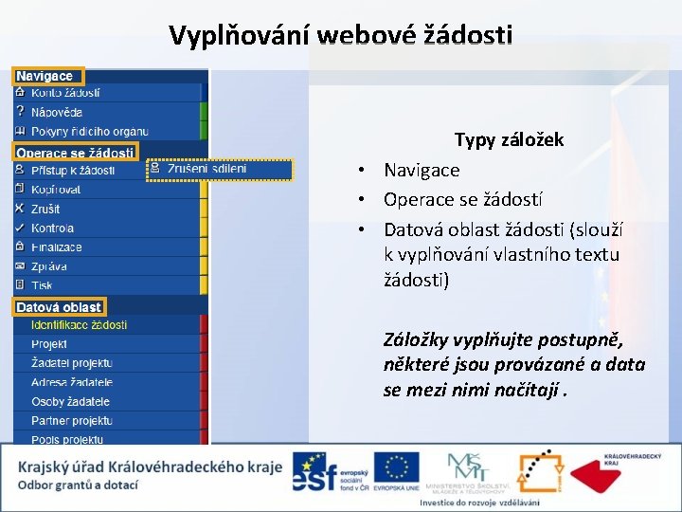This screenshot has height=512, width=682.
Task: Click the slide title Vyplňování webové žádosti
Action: tap(341, 36)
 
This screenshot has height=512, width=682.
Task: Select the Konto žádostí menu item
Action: tap(65, 93)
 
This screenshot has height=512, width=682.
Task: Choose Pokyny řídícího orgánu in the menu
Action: tap(89, 131)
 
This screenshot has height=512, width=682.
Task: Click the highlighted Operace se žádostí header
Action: tap(75, 152)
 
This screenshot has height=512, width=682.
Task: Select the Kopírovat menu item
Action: tap(56, 190)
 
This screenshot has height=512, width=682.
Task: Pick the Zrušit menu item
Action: tap(45, 209)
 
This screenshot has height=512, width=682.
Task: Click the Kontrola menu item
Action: tap(52, 228)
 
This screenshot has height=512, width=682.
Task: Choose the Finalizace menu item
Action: tap(57, 247)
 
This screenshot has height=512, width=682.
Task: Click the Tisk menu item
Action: tap(42, 284)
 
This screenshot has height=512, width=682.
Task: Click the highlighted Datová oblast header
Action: tap(59, 306)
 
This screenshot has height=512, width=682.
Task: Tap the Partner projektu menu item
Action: tap(71, 420)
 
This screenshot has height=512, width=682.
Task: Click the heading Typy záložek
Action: tap(509, 140)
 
